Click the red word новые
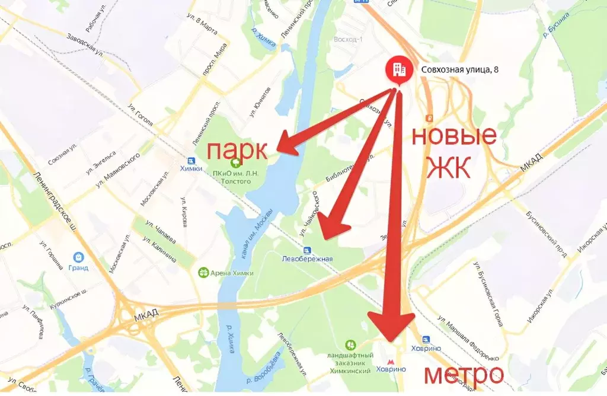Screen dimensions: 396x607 (x=453, y=137)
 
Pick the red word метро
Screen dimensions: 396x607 (x=464, y=375)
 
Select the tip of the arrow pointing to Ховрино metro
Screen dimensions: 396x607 (x=391, y=338)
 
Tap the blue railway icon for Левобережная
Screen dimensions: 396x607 (x=306, y=250)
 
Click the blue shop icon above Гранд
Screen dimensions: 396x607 (x=78, y=257)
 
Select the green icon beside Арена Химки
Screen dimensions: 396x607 (x=203, y=273)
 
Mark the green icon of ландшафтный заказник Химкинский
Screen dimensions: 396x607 (x=350, y=344)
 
